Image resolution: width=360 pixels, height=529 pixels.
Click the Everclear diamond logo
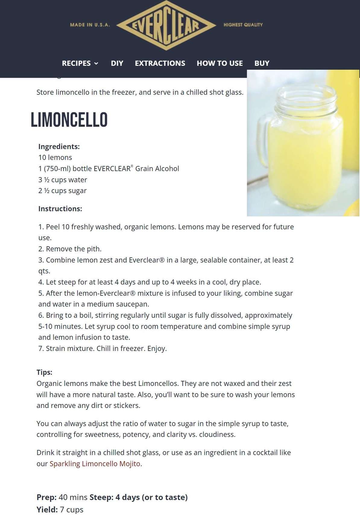tap(166, 25)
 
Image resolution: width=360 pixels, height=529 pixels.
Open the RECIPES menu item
tap(80, 63)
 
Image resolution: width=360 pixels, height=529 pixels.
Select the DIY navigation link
tap(117, 63)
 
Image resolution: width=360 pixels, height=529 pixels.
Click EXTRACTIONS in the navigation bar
tap(160, 63)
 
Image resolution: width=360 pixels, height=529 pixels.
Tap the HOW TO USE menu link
tap(219, 63)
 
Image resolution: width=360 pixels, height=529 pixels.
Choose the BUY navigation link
tap(262, 63)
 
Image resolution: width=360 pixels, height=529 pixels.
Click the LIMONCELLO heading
tap(69, 120)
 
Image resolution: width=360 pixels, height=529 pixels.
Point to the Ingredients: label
tap(59, 147)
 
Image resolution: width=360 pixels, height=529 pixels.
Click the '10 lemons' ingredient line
tap(55, 158)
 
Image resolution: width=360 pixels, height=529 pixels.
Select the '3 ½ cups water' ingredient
tap(63, 180)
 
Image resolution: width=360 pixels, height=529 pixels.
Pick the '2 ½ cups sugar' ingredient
tap(62, 191)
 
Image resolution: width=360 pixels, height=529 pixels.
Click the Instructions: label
tap(60, 209)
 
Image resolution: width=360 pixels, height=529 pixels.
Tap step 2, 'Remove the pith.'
tap(70, 249)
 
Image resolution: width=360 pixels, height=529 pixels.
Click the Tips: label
tap(44, 372)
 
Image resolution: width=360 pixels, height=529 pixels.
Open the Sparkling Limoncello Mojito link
tap(95, 464)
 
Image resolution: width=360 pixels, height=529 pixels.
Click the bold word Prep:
tap(46, 497)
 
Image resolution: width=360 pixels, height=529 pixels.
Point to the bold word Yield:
tap(47, 510)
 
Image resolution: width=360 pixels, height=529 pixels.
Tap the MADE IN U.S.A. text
tap(90, 25)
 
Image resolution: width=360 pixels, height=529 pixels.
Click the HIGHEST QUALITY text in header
tap(243, 25)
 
